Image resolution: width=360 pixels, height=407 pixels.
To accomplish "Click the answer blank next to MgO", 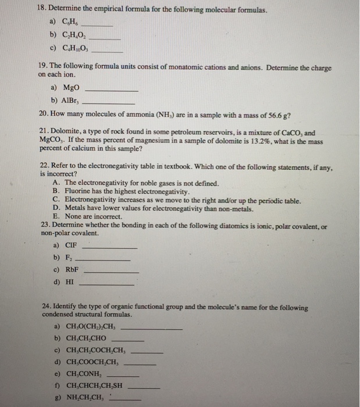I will [112, 91].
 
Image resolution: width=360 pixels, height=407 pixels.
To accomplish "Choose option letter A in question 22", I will [55, 183].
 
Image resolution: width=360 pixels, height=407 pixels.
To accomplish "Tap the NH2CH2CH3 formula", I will [85, 398].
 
